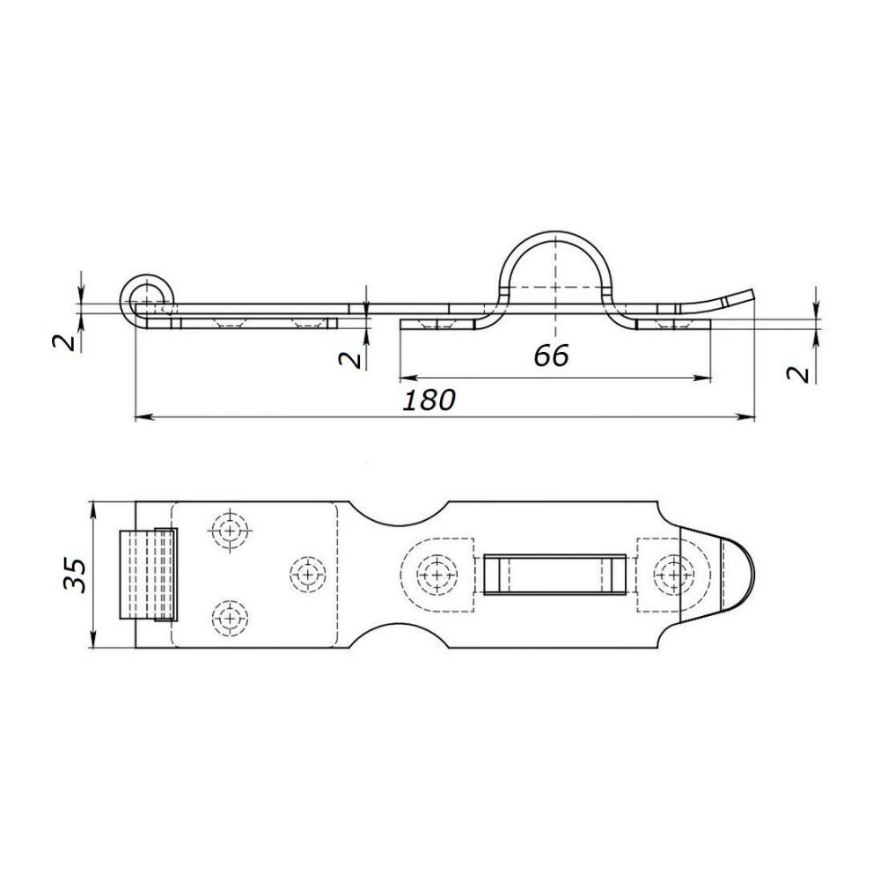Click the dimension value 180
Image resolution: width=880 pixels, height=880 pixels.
point(429,400)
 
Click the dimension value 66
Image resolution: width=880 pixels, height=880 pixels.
point(551,356)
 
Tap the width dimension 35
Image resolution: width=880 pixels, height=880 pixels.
point(75,575)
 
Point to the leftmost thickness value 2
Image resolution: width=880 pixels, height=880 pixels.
point(64,341)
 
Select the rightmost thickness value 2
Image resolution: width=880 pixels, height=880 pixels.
point(799,374)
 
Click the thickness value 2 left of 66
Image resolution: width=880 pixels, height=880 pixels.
point(350,359)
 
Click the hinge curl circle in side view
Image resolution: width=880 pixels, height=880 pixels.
point(147,295)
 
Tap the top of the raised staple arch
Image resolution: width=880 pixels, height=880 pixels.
point(554,232)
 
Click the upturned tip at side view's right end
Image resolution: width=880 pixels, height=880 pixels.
point(738,297)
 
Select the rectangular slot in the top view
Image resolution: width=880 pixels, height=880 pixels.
point(554,574)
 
